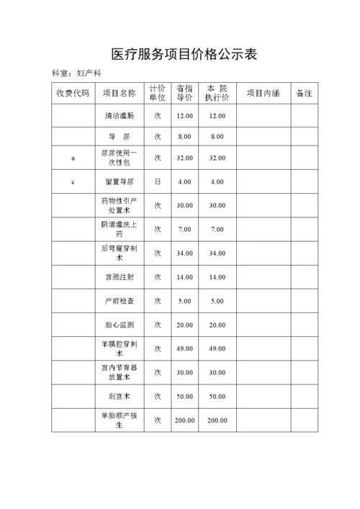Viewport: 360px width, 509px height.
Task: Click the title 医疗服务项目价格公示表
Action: (x=180, y=54)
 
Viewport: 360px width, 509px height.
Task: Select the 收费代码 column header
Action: (x=73, y=93)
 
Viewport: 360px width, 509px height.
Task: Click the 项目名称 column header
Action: (x=119, y=93)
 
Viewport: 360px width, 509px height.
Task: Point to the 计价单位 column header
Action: (x=157, y=93)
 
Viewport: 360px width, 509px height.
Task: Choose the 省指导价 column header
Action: (x=184, y=93)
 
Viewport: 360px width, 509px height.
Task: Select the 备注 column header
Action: (x=304, y=93)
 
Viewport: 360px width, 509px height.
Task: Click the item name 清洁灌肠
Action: (x=119, y=115)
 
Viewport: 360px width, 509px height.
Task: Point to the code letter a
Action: (x=73, y=158)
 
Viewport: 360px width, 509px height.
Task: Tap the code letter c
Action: (x=73, y=182)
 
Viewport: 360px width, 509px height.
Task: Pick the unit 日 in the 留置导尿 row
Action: (x=157, y=182)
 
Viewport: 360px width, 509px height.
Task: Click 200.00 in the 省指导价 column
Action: (x=184, y=420)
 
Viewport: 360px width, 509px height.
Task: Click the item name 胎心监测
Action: (x=119, y=325)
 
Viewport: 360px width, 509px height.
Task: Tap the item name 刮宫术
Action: (x=119, y=396)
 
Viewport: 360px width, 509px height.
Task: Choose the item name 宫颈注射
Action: (x=119, y=277)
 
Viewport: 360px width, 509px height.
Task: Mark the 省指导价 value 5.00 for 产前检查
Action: (x=184, y=301)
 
